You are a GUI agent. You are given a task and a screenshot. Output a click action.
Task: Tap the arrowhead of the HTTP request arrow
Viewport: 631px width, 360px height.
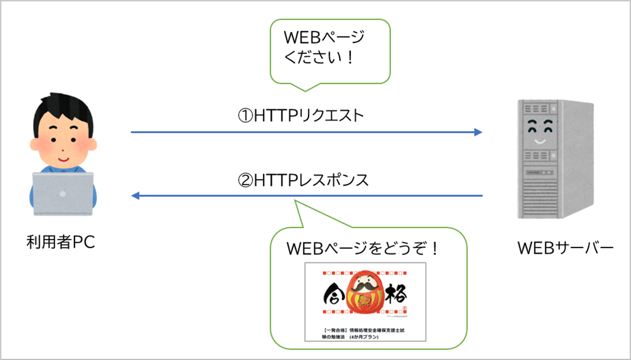point(478,132)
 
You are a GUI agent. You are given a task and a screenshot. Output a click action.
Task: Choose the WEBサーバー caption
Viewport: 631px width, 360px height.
point(565,248)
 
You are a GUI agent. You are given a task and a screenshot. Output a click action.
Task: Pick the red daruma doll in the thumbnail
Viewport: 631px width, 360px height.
point(365,297)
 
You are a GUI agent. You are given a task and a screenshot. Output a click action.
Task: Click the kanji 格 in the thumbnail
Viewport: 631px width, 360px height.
point(397,296)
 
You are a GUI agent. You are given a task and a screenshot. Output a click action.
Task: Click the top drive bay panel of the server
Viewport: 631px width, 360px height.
point(540,108)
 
